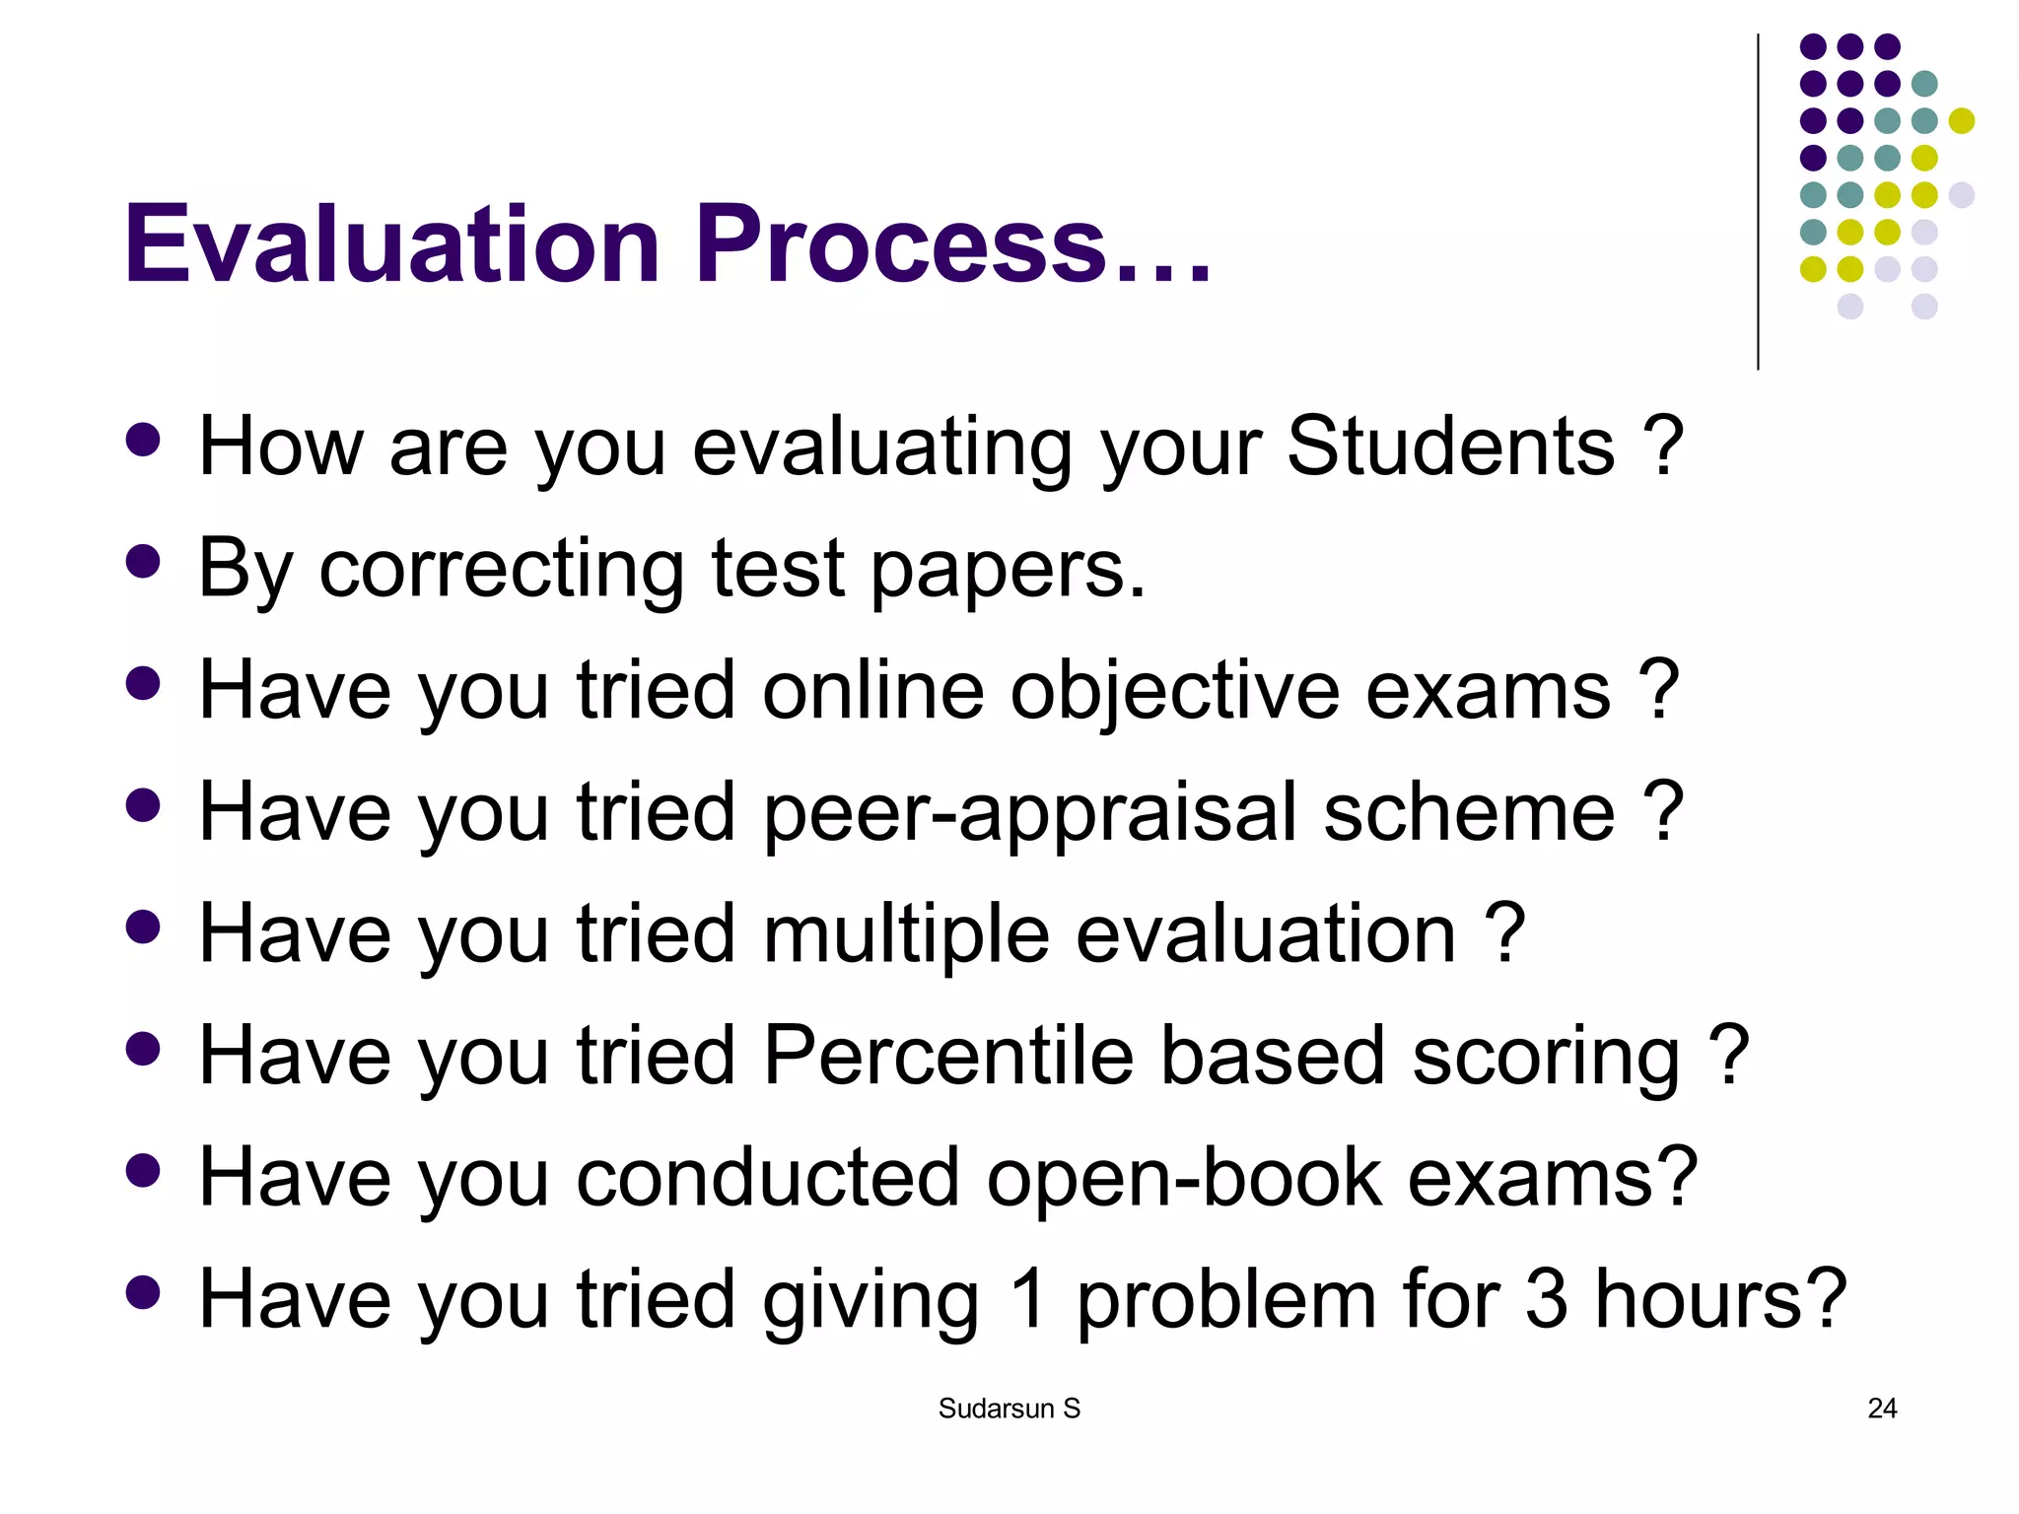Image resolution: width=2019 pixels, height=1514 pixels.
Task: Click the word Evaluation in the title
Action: pyautogui.click(x=391, y=243)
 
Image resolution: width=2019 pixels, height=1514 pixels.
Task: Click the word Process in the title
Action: pyautogui.click(x=901, y=243)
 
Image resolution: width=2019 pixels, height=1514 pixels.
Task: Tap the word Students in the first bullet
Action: pyautogui.click(x=1450, y=447)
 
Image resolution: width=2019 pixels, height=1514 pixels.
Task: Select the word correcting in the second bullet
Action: pyautogui.click(x=501, y=569)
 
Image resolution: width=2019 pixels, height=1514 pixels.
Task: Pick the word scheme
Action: pyautogui.click(x=1469, y=812)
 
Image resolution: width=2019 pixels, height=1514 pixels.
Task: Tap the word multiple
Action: pyautogui.click(x=906, y=934)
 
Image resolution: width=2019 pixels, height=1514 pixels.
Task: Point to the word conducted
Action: pyautogui.click(x=767, y=1178)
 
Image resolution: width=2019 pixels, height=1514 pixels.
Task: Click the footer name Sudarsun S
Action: pyautogui.click(x=1009, y=1409)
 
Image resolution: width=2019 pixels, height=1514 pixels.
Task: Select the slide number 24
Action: pyautogui.click(x=1881, y=1409)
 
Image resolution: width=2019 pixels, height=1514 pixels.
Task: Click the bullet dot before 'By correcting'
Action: pyautogui.click(x=144, y=562)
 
